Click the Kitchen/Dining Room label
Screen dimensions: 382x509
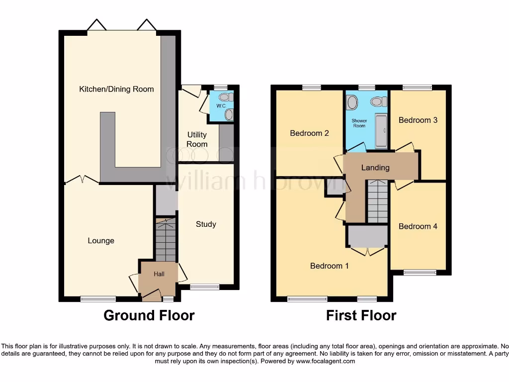(116, 90)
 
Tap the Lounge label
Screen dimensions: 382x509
(101, 241)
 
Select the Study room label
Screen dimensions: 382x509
(206, 224)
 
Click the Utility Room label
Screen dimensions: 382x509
(197, 139)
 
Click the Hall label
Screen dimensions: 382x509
(159, 274)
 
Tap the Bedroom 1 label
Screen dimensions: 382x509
(329, 266)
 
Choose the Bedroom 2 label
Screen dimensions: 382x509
(309, 133)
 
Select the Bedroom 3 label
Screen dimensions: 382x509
(418, 120)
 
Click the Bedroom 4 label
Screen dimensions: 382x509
(418, 226)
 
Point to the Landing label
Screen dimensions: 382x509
(375, 168)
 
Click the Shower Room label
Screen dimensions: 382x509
(359, 123)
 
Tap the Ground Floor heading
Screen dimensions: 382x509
(149, 315)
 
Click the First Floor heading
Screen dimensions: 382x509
(361, 315)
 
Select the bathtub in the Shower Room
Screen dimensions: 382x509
(381, 131)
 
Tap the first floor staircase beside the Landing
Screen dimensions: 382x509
(377, 201)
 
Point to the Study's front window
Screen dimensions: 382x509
(204, 286)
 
